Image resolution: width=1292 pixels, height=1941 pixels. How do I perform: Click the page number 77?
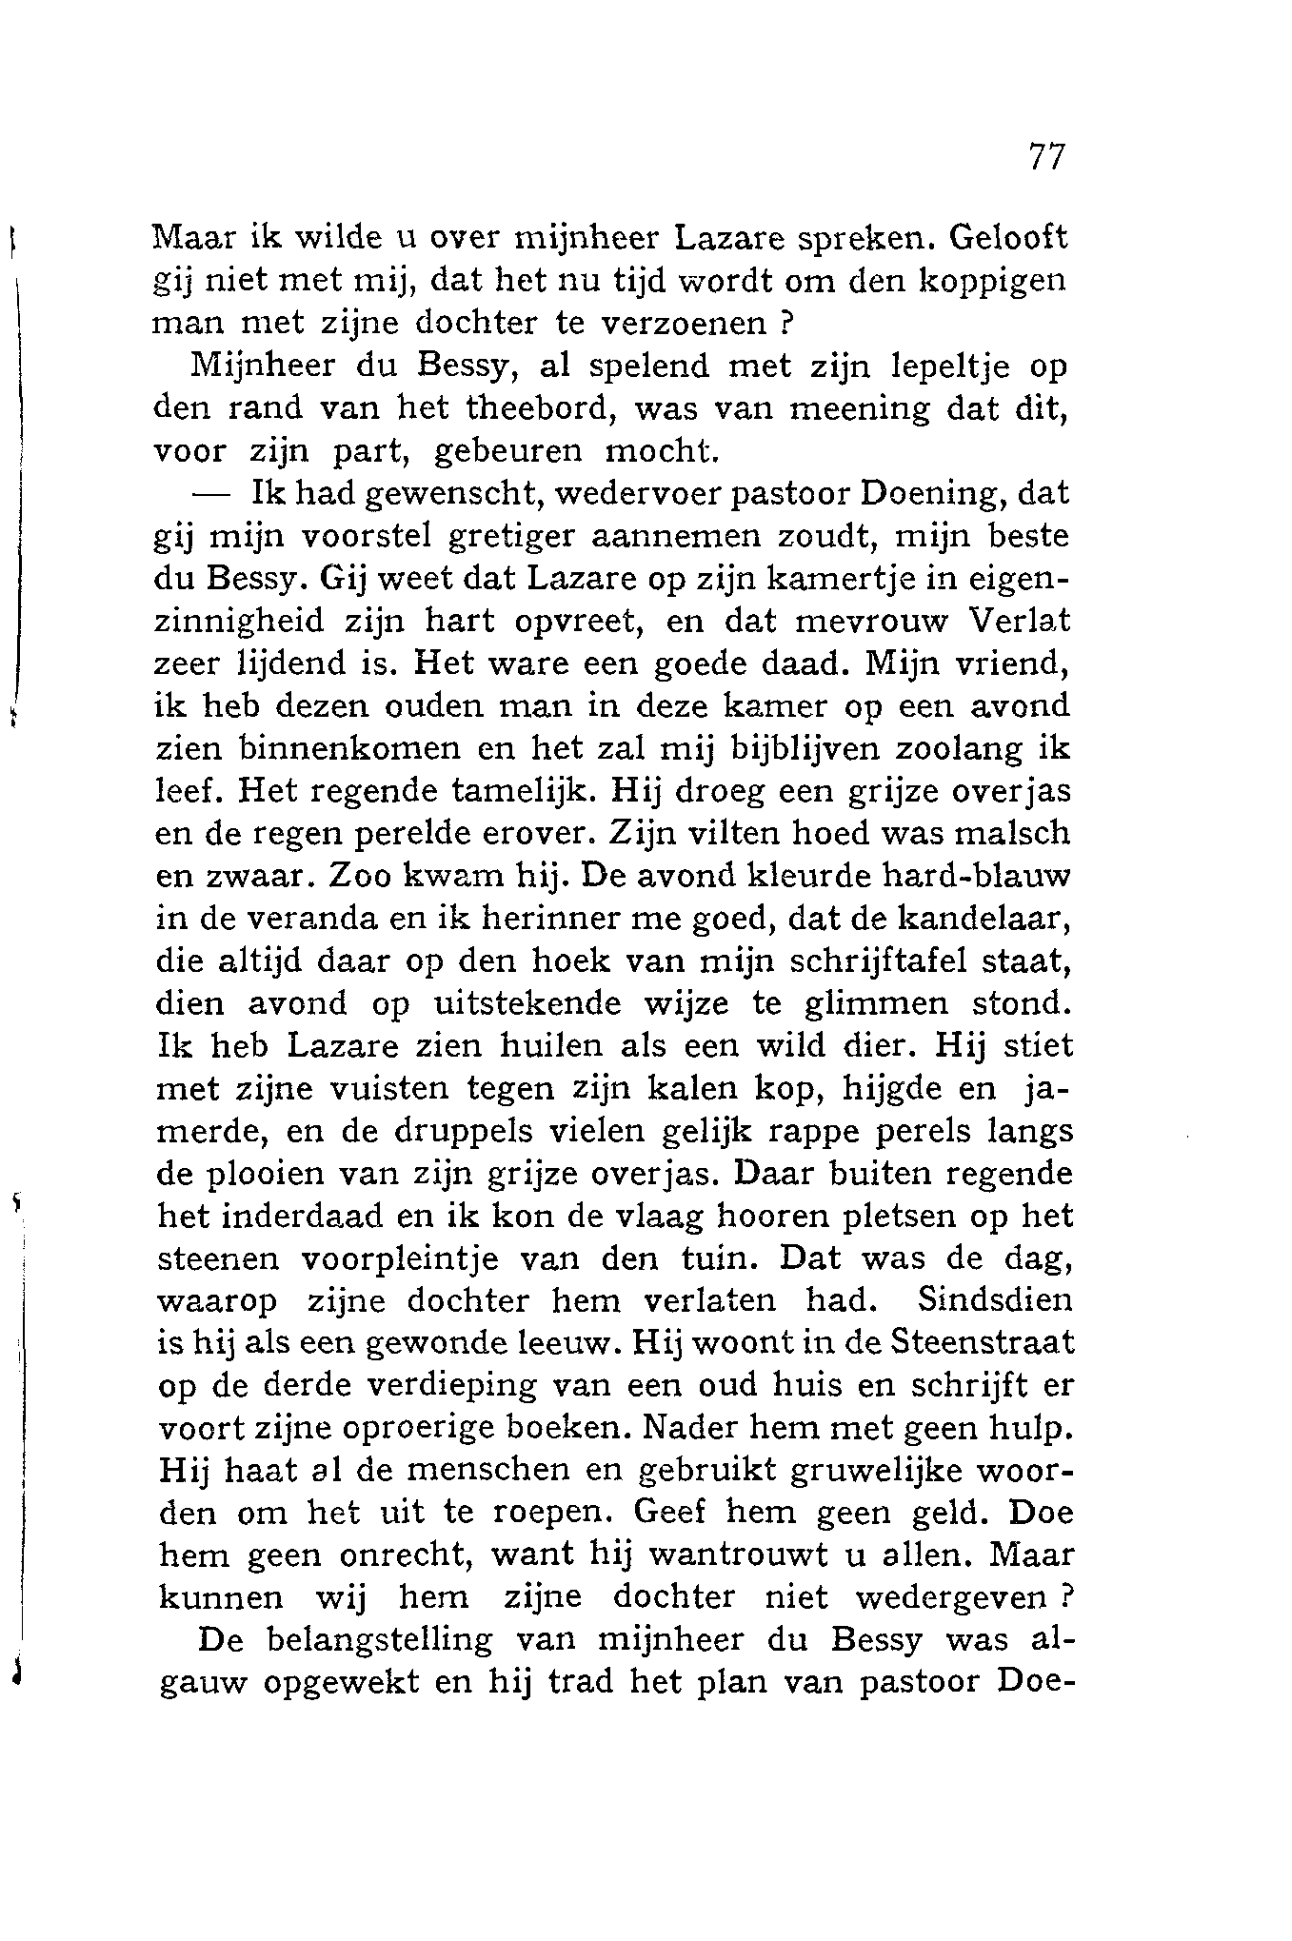click(x=1045, y=157)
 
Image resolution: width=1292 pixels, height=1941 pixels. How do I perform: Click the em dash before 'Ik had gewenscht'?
click(x=214, y=494)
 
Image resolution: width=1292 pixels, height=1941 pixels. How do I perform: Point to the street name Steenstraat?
click(x=983, y=1343)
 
